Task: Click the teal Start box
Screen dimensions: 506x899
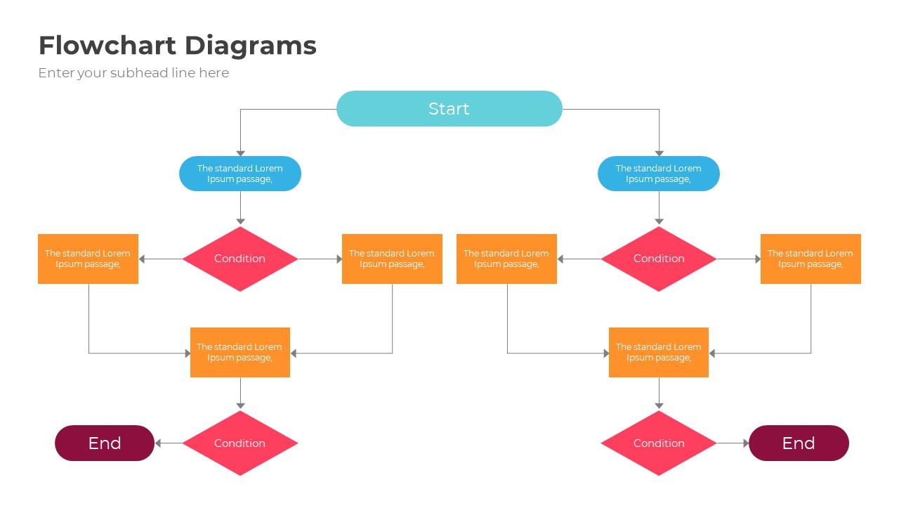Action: pos(449,109)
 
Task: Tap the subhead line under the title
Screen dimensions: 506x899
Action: pos(133,73)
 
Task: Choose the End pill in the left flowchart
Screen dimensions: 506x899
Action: pos(105,443)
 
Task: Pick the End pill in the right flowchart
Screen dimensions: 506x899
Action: pos(799,443)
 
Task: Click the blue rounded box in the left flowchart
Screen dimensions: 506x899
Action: pos(240,174)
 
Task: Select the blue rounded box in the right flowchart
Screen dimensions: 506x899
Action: pos(659,174)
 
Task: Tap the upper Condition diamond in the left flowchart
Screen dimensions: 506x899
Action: pos(240,259)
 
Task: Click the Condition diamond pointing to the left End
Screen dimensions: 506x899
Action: pos(240,443)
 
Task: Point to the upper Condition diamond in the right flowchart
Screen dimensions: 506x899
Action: pos(659,259)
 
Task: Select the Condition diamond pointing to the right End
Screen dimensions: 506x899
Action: pos(659,443)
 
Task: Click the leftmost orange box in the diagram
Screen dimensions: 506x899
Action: pos(88,259)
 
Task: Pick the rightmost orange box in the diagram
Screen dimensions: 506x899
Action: pos(811,259)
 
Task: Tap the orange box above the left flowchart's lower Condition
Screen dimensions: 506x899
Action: pos(240,352)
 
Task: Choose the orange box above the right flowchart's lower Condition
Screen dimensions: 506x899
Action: pos(659,352)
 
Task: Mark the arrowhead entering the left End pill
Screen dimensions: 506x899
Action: pos(159,443)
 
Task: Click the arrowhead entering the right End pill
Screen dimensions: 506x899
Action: pos(745,443)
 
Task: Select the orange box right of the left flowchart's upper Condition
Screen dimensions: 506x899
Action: pos(392,259)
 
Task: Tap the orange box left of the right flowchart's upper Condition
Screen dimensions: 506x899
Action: pos(506,259)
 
